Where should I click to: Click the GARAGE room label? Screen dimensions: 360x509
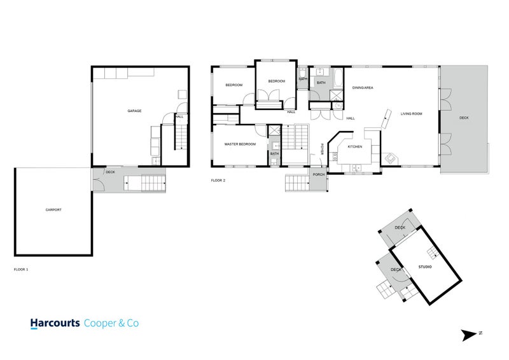[134, 111]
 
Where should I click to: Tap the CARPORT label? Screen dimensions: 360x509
[53, 210]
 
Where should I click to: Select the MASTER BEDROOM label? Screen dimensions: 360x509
[240, 144]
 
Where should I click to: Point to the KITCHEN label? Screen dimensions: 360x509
[354, 147]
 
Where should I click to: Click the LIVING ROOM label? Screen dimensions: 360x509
[412, 114]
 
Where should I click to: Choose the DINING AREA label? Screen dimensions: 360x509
[363, 87]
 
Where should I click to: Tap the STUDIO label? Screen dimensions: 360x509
[425, 267]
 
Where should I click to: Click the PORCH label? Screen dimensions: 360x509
[319, 174]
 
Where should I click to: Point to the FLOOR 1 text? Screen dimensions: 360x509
[21, 270]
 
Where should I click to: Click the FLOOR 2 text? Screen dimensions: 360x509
[218, 181]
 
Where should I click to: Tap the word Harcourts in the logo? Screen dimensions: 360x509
[55, 323]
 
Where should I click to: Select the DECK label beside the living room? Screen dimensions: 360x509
[464, 118]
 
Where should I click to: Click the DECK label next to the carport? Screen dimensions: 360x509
[110, 172]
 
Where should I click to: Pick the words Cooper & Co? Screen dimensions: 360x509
[111, 323]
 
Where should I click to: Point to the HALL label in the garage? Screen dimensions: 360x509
[179, 116]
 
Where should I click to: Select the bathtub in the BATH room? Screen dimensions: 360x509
[338, 80]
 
